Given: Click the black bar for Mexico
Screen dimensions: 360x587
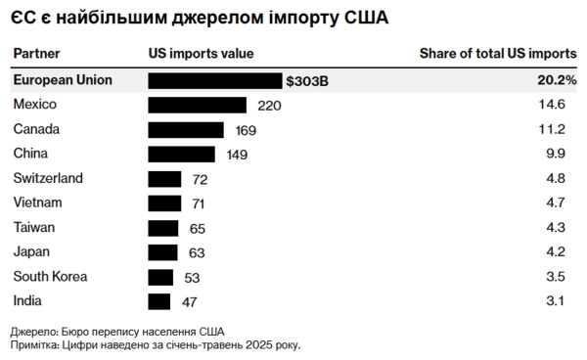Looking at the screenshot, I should [x=199, y=105].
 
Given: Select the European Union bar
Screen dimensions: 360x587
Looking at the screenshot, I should [x=215, y=80].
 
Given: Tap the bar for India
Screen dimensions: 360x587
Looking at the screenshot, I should [x=158, y=301].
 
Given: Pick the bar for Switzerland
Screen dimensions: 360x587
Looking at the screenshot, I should [x=164, y=178].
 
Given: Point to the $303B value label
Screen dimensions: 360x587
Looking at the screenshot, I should [x=307, y=80].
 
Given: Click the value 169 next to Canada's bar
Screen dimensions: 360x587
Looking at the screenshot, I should [x=243, y=129].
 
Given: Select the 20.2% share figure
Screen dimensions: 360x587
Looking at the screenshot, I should [x=557, y=80].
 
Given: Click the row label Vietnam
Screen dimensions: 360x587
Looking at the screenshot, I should [x=38, y=202].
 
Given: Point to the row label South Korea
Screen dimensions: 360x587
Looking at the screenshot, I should [x=51, y=277].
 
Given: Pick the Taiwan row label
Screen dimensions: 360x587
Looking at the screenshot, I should [x=35, y=227].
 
